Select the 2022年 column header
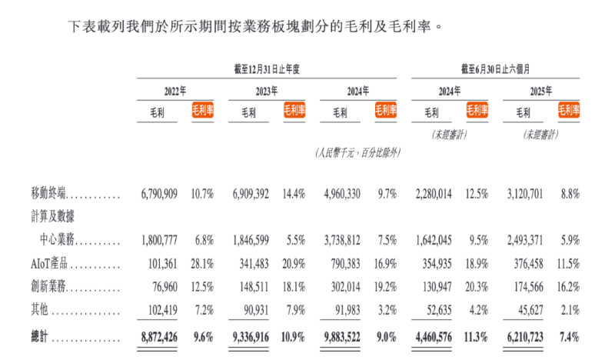[x=176, y=91]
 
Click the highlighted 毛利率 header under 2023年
[x=294, y=112]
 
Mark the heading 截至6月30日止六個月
[x=496, y=68]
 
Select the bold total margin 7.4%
[x=568, y=336]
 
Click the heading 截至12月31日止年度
[x=264, y=68]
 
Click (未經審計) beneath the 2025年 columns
[x=541, y=134]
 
